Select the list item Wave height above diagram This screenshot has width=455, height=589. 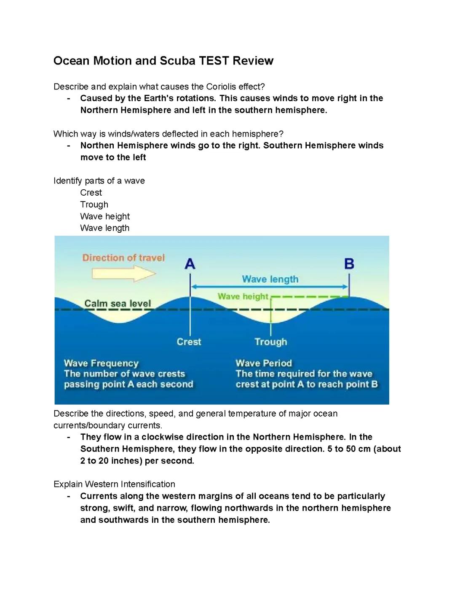[105, 216]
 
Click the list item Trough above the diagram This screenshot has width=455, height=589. [94, 204]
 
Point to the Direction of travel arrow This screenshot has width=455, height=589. [124, 274]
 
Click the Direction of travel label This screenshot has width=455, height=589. [123, 258]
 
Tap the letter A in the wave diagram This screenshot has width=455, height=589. [190, 264]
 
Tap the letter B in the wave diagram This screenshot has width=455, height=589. [349, 264]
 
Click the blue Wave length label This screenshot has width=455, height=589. [270, 279]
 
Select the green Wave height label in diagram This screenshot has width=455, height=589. [243, 296]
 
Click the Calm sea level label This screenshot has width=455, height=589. [118, 304]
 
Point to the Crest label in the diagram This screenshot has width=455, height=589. [189, 342]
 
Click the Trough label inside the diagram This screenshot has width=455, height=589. [270, 342]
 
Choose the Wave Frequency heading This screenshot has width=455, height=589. [101, 363]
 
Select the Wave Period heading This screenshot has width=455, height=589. [264, 363]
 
